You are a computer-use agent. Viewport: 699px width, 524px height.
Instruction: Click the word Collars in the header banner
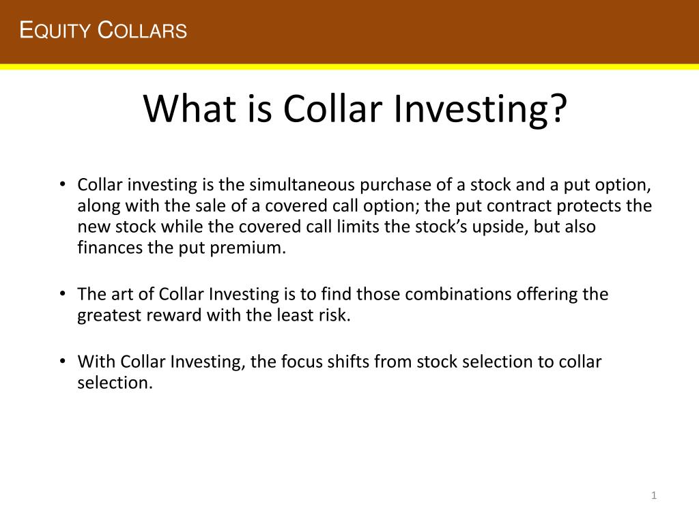coord(143,31)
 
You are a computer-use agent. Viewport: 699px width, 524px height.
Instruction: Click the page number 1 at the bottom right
coord(653,496)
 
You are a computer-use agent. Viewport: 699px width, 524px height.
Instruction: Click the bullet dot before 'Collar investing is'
coord(62,185)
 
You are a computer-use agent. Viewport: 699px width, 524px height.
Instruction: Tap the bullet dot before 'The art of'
coord(62,294)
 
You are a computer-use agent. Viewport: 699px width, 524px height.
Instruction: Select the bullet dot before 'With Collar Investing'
coord(62,362)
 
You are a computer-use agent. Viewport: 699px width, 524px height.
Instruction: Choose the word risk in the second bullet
coord(335,316)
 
